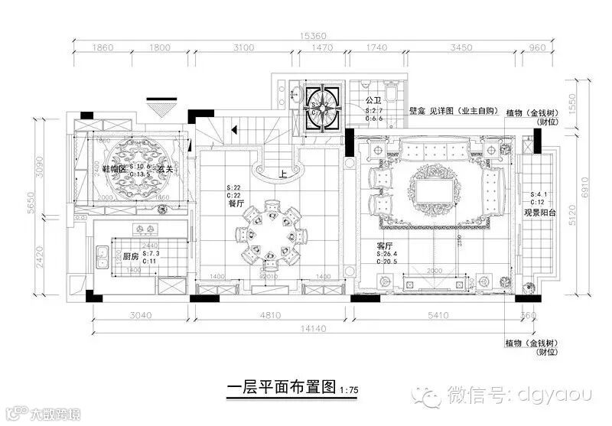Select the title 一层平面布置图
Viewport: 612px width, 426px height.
pyautogui.click(x=282, y=388)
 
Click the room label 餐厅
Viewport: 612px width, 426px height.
pyautogui.click(x=235, y=203)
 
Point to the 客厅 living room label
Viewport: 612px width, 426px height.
pyautogui.click(x=385, y=246)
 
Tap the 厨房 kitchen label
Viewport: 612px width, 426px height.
pyautogui.click(x=131, y=257)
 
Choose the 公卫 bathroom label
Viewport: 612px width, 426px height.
pyautogui.click(x=374, y=100)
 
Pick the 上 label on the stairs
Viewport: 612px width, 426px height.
pyautogui.click(x=283, y=174)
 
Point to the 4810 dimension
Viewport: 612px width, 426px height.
pyautogui.click(x=270, y=314)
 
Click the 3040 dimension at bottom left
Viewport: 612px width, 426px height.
pyautogui.click(x=143, y=314)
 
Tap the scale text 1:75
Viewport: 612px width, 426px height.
pyautogui.click(x=350, y=390)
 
